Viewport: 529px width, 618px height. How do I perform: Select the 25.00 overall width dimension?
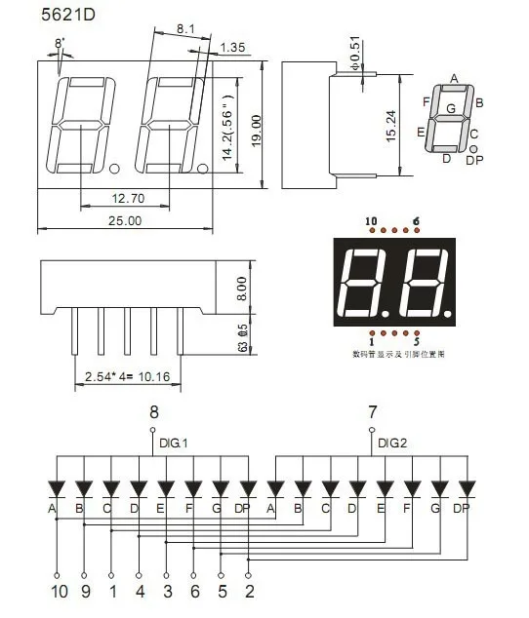coord(124,221)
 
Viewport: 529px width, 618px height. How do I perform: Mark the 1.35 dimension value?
coord(233,47)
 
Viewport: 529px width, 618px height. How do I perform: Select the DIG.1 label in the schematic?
coord(173,443)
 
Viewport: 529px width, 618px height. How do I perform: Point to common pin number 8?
coord(153,413)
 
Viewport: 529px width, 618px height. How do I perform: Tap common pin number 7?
coord(371,413)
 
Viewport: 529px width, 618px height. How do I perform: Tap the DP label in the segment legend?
coord(474,159)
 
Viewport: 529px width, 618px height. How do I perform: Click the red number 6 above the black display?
coord(416,221)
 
